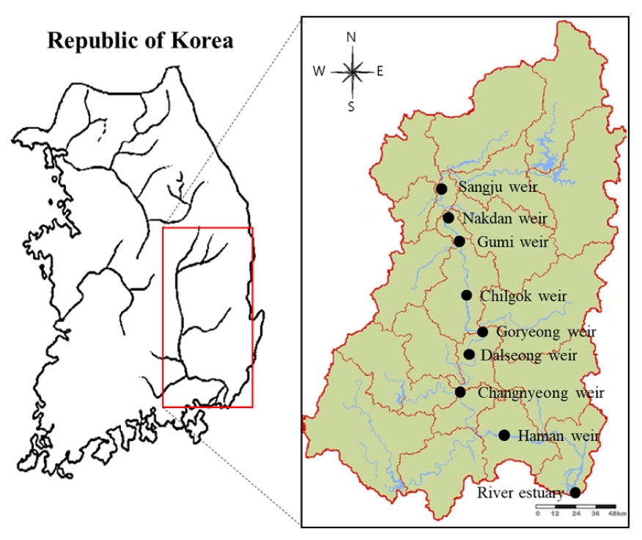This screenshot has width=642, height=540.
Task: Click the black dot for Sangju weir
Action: point(441,189)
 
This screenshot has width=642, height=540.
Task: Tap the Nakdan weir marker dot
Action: point(448,218)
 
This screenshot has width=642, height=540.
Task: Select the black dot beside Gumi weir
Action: point(459,241)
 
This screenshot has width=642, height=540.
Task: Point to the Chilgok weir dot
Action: point(466,295)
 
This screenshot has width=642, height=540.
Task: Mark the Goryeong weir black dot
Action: point(482,332)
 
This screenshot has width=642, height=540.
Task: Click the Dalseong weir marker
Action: point(469,355)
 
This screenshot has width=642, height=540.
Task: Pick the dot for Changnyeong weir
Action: point(460,392)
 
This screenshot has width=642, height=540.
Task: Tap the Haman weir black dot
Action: point(504,435)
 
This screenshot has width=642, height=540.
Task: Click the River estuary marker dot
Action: point(575,492)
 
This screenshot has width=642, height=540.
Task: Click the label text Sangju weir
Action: point(498,187)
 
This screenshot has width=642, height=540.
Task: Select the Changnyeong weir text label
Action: point(541,393)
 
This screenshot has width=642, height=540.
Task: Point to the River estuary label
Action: point(520,492)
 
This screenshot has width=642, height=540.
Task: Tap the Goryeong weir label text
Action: point(546,332)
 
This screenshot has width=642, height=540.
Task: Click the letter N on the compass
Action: point(352,37)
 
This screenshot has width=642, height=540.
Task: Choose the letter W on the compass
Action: point(319,71)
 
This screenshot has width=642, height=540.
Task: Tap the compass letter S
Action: point(352,106)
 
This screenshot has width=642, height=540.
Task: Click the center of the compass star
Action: point(353,71)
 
